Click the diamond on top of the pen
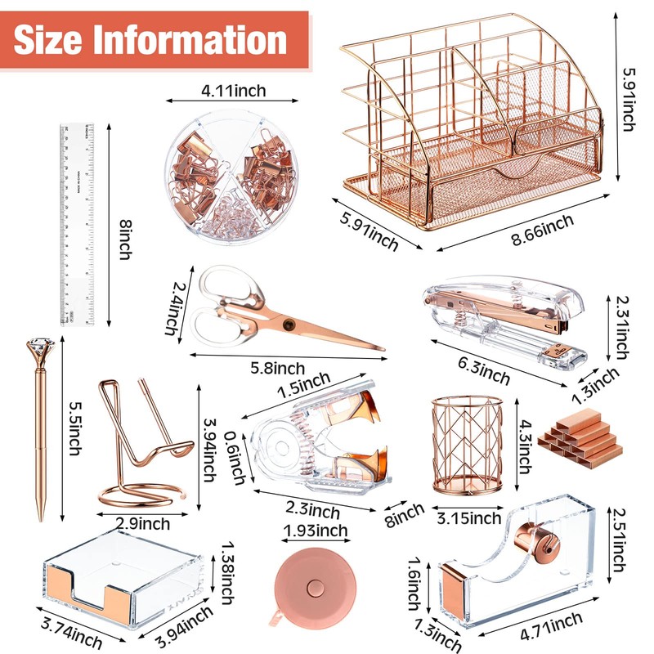41,355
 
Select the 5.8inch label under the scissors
280,370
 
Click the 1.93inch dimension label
313,531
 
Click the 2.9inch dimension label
143,523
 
